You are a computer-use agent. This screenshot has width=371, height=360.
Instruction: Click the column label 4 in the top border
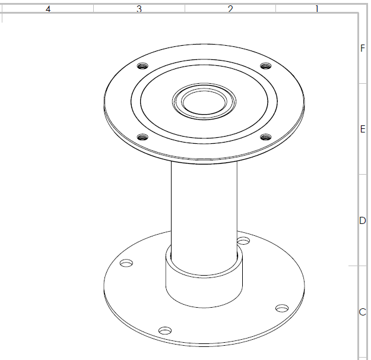pyautogui.click(x=48, y=9)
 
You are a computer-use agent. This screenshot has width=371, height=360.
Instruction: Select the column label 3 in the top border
pyautogui.click(x=139, y=9)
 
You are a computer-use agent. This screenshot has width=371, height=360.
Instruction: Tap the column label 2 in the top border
pyautogui.click(x=230, y=9)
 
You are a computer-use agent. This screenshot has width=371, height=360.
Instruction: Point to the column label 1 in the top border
pyautogui.click(x=317, y=9)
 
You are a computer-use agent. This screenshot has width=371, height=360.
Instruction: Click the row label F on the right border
pyautogui.click(x=363, y=48)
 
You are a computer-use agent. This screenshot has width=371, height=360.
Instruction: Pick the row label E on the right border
pyautogui.click(x=363, y=130)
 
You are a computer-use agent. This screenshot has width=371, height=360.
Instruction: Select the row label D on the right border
pyautogui.click(x=363, y=220)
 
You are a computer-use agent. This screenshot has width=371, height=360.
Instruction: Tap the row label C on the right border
pyautogui.click(x=363, y=312)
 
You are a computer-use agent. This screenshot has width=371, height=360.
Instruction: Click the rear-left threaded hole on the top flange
pyautogui.click(x=142, y=65)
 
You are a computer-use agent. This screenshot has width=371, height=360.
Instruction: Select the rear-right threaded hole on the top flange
pyautogui.click(x=265, y=65)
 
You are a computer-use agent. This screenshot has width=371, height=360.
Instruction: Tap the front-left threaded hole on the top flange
pyautogui.click(x=142, y=137)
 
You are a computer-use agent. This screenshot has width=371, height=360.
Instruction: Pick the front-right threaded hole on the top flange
pyautogui.click(x=265, y=137)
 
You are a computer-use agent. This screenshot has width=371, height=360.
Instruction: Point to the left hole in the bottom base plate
pyautogui.click(x=126, y=263)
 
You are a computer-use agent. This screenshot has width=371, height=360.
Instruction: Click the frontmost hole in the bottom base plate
pyautogui.click(x=165, y=330)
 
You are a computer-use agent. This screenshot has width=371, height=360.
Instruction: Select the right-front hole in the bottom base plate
pyautogui.click(x=282, y=308)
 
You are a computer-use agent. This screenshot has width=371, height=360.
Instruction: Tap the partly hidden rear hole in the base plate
pyautogui.click(x=243, y=241)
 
